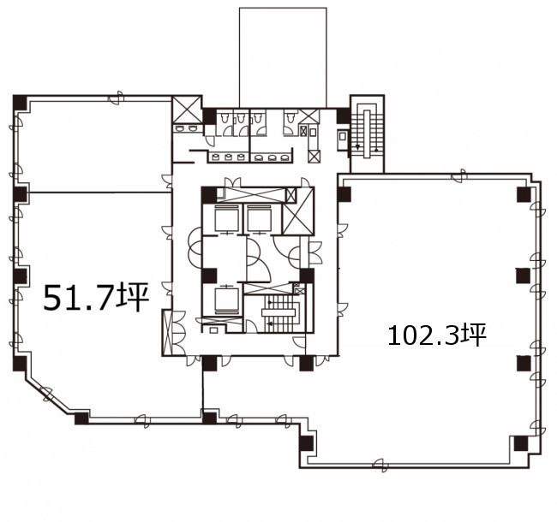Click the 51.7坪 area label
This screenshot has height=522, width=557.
(x=96, y=297)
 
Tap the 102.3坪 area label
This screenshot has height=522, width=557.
(x=436, y=335)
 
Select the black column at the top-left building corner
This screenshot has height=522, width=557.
(x=20, y=103)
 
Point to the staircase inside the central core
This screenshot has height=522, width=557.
(x=278, y=313)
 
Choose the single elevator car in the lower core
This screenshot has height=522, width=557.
(x=226, y=300)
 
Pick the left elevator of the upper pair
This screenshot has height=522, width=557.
(x=226, y=219)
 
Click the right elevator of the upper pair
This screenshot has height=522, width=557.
(x=259, y=219)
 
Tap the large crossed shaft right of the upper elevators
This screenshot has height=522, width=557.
(x=297, y=211)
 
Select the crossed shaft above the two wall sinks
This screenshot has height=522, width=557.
(x=187, y=110)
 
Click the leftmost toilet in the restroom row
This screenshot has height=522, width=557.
(x=225, y=117)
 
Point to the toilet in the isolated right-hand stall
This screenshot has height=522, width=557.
(x=291, y=116)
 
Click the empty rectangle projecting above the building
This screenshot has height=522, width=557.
(x=283, y=57)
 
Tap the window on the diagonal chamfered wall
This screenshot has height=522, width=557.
(x=46, y=394)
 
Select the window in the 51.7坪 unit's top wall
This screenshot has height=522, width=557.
(x=116, y=98)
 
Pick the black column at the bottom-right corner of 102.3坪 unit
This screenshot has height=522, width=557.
(x=521, y=443)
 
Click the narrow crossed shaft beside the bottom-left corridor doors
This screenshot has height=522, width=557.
(x=167, y=333)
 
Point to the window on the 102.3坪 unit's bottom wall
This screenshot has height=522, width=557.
(x=380, y=465)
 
